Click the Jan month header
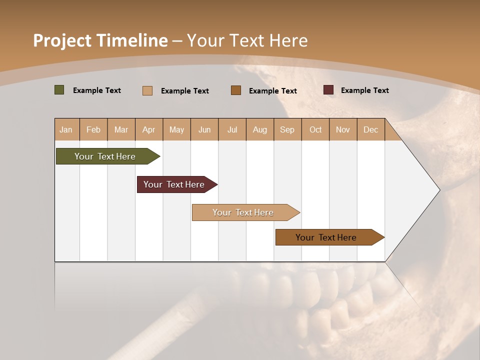(x=66, y=129)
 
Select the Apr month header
(x=149, y=129)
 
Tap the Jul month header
(x=232, y=129)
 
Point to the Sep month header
(x=287, y=129)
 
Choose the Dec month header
(x=370, y=129)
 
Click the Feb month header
(x=93, y=129)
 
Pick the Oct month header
(x=315, y=129)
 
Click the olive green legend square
(x=59, y=90)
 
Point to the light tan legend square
(x=147, y=90)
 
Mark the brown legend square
(x=236, y=90)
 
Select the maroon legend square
(x=328, y=90)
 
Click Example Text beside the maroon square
(x=364, y=90)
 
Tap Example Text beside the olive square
(x=97, y=90)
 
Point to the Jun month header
(x=204, y=129)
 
